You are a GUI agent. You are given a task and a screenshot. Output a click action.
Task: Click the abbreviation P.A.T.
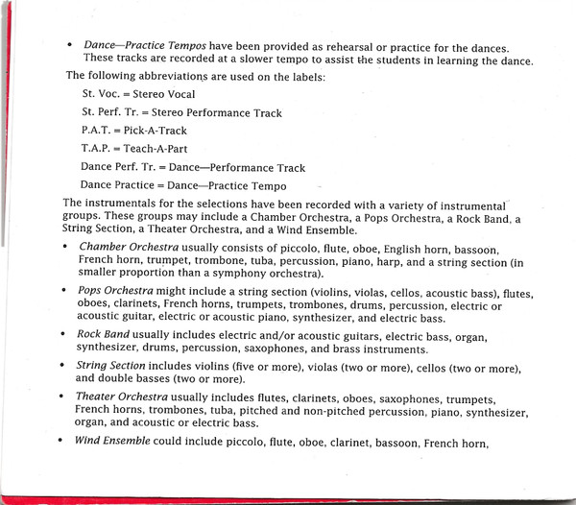(x=99, y=131)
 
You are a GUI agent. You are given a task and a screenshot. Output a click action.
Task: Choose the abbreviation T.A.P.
(x=99, y=149)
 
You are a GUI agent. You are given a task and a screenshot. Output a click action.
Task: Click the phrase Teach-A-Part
(x=160, y=149)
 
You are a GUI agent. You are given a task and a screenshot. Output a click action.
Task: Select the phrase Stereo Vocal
(x=169, y=95)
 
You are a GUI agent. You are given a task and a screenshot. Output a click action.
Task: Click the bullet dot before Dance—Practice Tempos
(x=70, y=46)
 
